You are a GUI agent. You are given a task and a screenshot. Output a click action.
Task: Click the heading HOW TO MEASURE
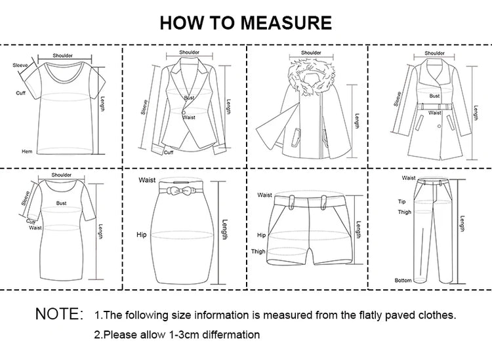coord(246,22)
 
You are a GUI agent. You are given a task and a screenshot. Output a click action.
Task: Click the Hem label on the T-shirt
coord(27,151)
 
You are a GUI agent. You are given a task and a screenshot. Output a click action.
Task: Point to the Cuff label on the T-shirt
coord(21,92)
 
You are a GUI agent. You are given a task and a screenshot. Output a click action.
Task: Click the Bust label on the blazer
coord(189,98)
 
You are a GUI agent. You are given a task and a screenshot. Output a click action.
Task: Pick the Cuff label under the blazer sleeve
coord(168,152)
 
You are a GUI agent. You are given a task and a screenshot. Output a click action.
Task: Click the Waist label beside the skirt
coord(147,180)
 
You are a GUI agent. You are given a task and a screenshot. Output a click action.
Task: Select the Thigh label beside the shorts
coord(258,252)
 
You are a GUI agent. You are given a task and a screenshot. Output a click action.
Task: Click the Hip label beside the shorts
coord(261,234)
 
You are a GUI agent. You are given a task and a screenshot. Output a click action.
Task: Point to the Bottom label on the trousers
coord(403,280)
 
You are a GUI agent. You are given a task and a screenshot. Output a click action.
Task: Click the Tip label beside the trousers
coord(402,201)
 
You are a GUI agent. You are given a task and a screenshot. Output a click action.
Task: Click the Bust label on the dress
coord(62,204)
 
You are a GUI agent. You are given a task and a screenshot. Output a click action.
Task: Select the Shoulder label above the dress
coord(62,175)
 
